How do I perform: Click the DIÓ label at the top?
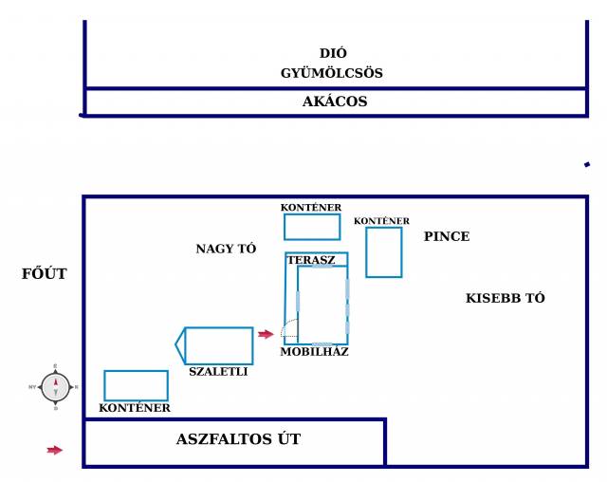pos(333,53)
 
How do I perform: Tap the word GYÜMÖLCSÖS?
pos(332,73)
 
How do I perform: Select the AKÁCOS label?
pos(335,102)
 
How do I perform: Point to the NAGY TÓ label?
pos(226,249)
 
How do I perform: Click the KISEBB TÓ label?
pos(506,298)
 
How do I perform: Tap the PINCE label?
pos(447,236)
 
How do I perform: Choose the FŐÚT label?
pos(45,273)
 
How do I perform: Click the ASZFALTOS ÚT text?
pos(238,439)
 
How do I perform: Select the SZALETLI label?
pos(218,372)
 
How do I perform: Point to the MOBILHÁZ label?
pos(314,351)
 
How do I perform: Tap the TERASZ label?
pos(311,260)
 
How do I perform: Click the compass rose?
pos(55,387)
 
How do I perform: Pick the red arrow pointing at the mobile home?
pos(266,334)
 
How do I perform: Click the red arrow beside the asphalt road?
pos(55,450)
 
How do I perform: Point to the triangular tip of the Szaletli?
pos(175,343)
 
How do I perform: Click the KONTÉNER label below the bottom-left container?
pos(135,408)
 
